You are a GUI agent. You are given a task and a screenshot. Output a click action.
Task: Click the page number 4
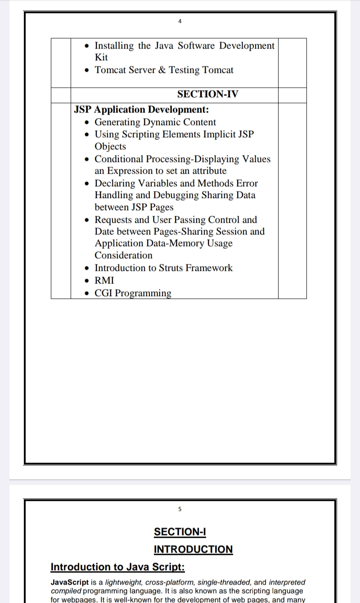point(180,21)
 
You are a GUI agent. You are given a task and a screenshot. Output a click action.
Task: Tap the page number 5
point(180,509)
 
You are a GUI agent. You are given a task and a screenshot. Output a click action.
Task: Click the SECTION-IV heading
point(208,94)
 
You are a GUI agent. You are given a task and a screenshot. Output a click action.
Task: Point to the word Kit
point(101,58)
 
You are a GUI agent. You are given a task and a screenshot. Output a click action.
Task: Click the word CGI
point(103,293)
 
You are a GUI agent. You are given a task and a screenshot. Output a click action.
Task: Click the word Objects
point(110,147)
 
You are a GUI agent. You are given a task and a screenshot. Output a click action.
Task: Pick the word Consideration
point(123,256)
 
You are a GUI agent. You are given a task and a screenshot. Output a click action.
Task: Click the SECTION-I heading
point(180,532)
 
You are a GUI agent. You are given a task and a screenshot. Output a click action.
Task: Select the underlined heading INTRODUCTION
point(193,549)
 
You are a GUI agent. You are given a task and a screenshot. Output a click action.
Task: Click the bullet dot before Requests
point(87,220)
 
